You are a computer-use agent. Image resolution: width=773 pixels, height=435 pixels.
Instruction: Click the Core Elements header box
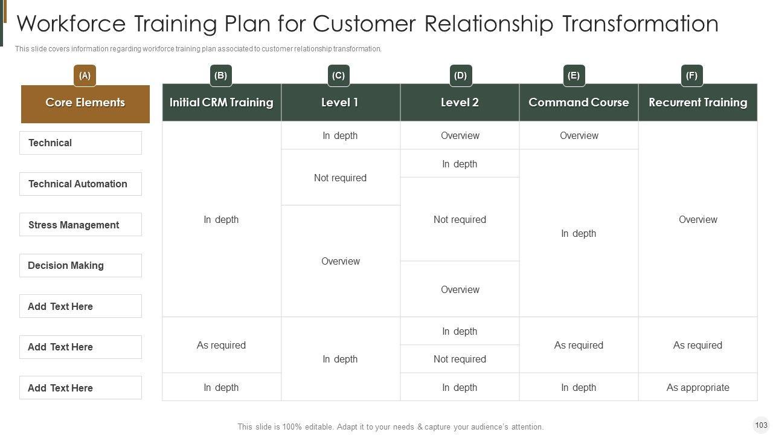(x=85, y=103)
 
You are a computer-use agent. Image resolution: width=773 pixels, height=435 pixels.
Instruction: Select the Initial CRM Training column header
(x=221, y=103)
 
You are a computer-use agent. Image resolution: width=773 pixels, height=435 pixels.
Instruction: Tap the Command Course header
(x=579, y=103)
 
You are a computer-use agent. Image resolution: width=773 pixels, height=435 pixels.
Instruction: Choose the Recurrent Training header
(x=698, y=103)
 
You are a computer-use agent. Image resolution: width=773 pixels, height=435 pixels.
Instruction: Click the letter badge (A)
(x=85, y=76)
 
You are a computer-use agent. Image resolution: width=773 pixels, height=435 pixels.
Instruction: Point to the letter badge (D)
(x=460, y=76)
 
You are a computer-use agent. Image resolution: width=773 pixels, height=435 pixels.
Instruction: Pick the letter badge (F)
(x=691, y=76)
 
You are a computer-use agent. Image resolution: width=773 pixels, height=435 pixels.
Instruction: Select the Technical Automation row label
(x=80, y=184)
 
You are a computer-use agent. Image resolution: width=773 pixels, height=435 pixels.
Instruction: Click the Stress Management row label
(x=80, y=225)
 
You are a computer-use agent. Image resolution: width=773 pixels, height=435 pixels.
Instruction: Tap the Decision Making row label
(x=80, y=265)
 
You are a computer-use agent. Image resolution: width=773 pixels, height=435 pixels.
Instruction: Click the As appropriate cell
(x=698, y=387)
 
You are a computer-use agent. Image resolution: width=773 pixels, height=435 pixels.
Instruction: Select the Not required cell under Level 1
(x=340, y=178)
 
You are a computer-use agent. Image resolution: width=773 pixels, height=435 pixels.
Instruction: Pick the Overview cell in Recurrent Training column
(x=698, y=219)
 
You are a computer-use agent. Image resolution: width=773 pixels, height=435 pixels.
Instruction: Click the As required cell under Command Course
(x=579, y=345)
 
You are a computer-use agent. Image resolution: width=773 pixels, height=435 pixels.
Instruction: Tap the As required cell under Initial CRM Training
(x=221, y=345)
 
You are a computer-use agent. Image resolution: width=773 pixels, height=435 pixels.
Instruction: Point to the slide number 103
(x=761, y=425)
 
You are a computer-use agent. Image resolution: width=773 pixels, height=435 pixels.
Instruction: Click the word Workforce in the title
(x=71, y=24)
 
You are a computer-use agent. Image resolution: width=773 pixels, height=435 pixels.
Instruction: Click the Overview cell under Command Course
(x=579, y=135)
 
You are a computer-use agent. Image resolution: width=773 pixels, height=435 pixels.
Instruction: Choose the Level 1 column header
(x=340, y=103)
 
